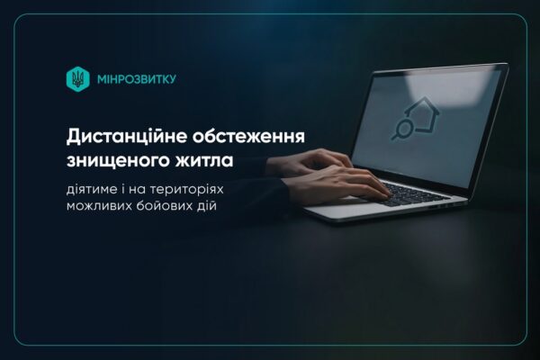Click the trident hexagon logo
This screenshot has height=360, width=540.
coord(77,79)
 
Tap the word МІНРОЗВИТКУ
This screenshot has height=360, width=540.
coord(137,79)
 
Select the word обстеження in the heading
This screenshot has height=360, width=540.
coord(248,137)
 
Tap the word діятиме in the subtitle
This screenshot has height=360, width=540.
coord(92,190)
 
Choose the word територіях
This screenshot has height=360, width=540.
coord(186,190)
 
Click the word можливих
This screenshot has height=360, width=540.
coord(99,206)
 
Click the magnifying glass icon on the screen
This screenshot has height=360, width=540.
coord(401,130)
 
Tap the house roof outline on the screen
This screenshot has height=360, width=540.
coord(422,106)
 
